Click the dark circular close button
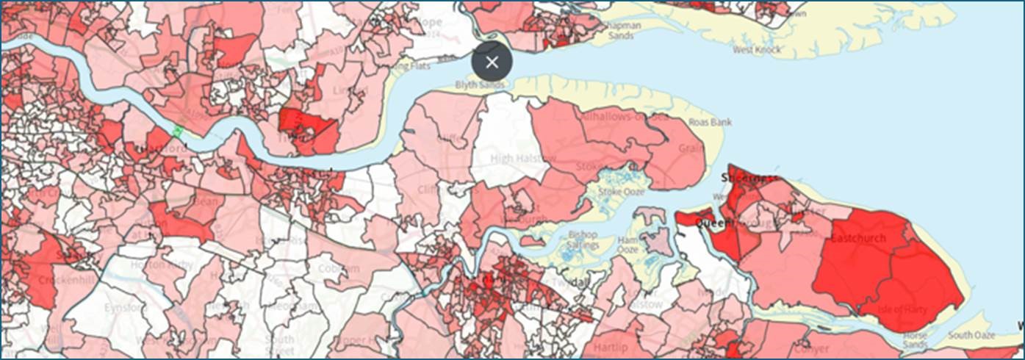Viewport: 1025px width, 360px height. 492,62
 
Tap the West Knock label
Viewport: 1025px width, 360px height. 756,50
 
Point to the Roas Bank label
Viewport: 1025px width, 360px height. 710,123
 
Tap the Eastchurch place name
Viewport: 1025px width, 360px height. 857,239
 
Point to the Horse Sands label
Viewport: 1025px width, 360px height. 915,339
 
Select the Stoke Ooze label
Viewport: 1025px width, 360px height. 621,192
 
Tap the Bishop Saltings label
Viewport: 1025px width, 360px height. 583,240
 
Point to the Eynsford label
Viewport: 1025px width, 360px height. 122,307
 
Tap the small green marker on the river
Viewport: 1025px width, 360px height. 176,131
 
